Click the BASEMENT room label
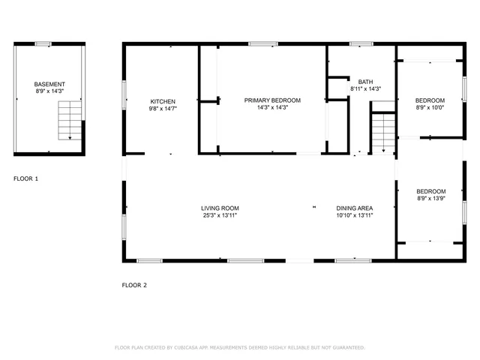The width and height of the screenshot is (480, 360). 49,84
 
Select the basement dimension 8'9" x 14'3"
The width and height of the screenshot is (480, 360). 49,91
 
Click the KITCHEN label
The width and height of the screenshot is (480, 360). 163,101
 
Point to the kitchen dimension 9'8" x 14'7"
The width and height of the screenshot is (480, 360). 163,108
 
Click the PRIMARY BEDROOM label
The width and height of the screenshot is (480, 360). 272,100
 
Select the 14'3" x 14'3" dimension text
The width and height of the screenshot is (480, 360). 272,107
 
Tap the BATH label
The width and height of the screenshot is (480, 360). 365,82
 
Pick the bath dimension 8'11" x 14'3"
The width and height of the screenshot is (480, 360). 365,89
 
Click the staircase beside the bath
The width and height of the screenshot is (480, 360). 383,132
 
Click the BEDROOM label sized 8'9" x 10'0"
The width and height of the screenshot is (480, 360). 430,100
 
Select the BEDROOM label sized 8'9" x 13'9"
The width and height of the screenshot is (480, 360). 430,191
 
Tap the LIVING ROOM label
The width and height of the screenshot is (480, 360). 220,208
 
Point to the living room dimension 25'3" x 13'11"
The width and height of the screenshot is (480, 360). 220,215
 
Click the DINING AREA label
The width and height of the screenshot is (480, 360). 354,208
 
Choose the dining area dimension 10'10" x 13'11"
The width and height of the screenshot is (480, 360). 354,215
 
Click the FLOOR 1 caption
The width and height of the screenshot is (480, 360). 25,179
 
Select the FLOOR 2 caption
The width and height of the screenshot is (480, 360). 134,285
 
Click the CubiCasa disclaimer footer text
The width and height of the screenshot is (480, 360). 239,348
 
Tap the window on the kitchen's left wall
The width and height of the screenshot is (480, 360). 124,89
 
